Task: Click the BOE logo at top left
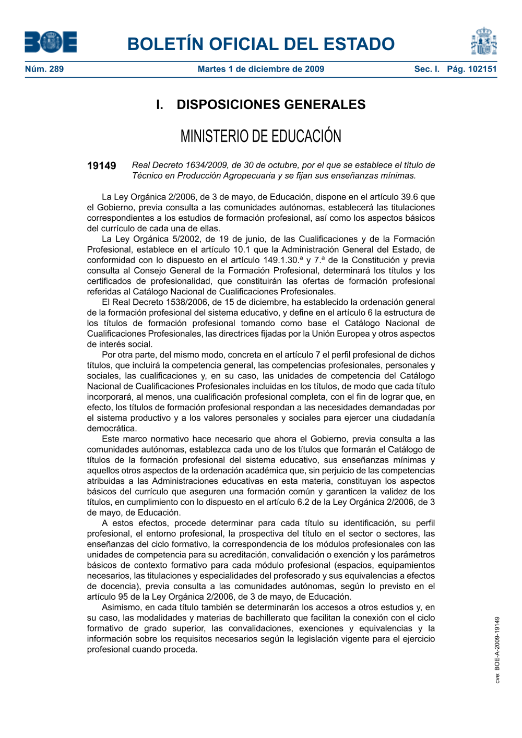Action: pos(51,42)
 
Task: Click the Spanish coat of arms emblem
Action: pos(483,41)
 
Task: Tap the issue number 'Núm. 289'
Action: pos(44,69)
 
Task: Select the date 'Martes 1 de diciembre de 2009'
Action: pos(260,69)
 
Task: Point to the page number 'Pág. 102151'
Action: pos(471,69)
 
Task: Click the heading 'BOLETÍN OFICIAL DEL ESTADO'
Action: pos(260,44)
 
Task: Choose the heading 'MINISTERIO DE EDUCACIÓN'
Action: pos(260,136)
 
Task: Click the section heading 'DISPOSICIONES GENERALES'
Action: pos(271,104)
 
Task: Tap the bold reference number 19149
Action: pos(101,166)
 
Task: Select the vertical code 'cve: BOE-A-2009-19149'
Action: pos(497,650)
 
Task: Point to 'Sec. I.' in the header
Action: pos(426,69)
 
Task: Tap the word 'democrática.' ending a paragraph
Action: pos(112,428)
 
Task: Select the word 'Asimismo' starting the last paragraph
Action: pos(121,608)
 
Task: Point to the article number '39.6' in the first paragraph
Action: pos(410,197)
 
